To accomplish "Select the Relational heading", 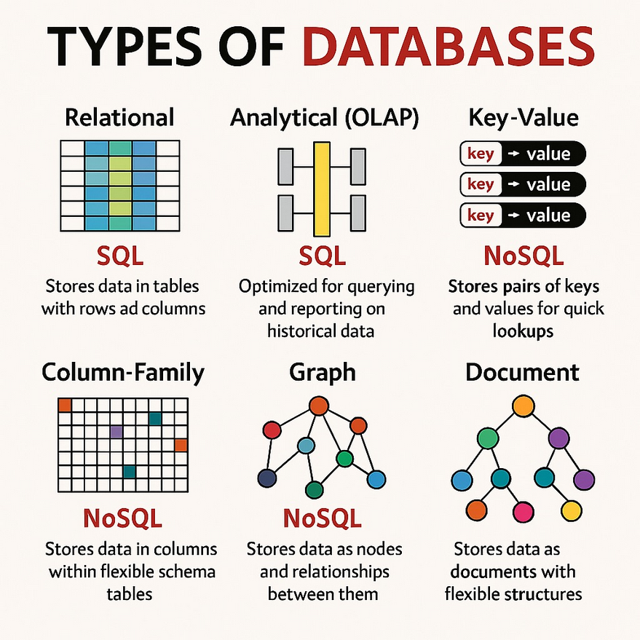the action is coord(119,117).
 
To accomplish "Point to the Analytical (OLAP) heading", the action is coord(324,117).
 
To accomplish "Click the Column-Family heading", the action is coord(123,373).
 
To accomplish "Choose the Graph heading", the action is coord(323,373).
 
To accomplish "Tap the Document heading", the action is coord(522,373).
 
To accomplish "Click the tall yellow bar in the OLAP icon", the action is coord(321,189).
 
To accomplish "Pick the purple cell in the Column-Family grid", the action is coord(115,432).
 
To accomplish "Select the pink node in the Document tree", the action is coord(522,510).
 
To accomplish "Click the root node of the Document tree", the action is coord(523,406).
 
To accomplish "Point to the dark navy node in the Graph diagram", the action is coord(267,478).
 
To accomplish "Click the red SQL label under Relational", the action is coord(121,256).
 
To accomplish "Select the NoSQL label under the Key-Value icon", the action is coord(522,256).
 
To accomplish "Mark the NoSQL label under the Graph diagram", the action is coord(322,518).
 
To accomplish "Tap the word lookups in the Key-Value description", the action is coord(522,331).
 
